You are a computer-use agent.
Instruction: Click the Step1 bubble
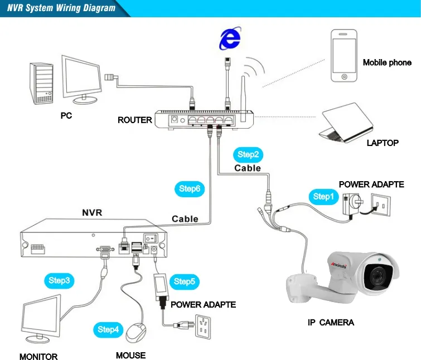pos(322,196)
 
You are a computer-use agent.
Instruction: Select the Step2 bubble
pos(248,154)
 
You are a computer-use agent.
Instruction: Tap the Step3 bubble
pos(59,280)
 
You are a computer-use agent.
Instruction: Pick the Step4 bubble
pos(108,329)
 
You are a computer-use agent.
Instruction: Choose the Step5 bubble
pos(184,281)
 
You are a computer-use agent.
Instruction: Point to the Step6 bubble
pos(190,189)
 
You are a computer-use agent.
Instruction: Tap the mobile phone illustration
pos(343,56)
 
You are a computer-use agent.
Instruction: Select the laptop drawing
pos(344,122)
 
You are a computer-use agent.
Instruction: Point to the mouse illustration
pos(136,333)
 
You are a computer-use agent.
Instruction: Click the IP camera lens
pos(380,274)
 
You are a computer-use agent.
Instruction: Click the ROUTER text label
pos(134,120)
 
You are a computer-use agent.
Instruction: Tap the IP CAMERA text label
pos(331,322)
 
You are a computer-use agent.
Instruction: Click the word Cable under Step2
pos(247,168)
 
